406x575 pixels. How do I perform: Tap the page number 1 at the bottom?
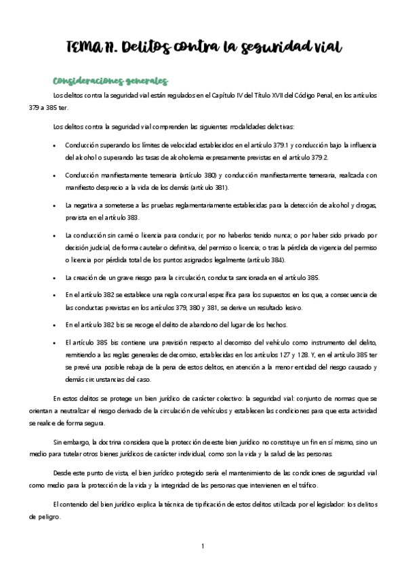coord(203,544)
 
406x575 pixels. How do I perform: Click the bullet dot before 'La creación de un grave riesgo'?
coord(54,278)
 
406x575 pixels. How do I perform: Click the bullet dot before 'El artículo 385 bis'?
coord(54,343)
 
